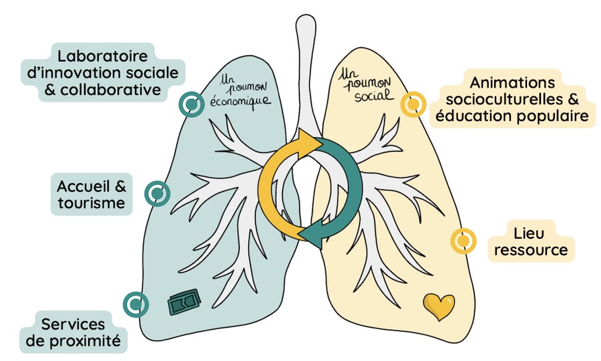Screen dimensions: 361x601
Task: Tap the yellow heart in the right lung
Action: (x=439, y=306)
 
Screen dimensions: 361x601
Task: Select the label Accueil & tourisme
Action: (x=91, y=194)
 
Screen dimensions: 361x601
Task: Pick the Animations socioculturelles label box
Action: (x=512, y=100)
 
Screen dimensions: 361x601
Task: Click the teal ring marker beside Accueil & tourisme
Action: (x=157, y=194)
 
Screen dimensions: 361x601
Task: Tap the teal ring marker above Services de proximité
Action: (x=136, y=304)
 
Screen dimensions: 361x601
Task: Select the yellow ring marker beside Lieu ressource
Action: (x=463, y=241)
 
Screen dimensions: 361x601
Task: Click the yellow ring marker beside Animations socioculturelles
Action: (x=413, y=104)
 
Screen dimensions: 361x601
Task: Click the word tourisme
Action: (x=91, y=203)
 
